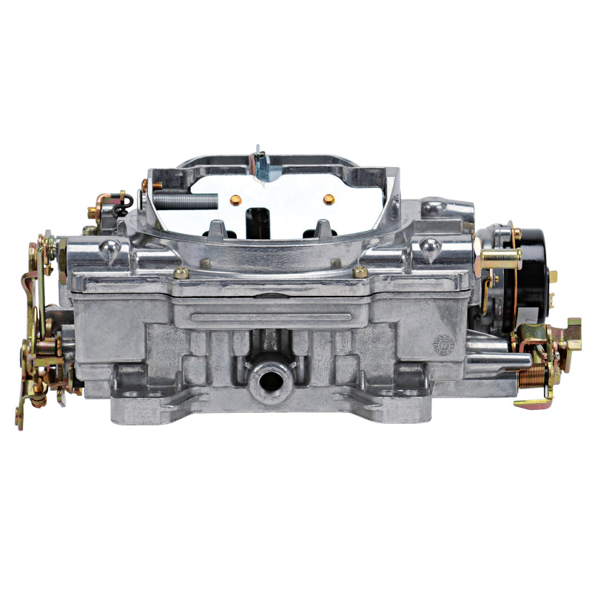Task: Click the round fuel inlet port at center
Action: (x=265, y=379)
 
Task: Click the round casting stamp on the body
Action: (x=443, y=343)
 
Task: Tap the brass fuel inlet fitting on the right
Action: (x=499, y=258)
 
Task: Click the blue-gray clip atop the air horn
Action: (x=260, y=164)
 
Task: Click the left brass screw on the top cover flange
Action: (x=182, y=273)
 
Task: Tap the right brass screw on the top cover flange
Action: (x=360, y=272)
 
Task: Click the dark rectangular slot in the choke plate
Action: (x=257, y=218)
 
